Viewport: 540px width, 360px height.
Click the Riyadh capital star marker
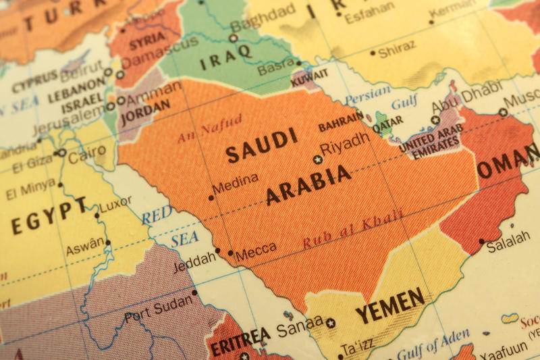click(x=317, y=159)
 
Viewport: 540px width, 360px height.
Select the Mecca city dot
click(x=231, y=253)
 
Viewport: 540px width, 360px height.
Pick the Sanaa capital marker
click(x=330, y=323)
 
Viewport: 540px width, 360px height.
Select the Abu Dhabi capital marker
click(x=435, y=120)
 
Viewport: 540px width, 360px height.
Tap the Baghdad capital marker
click(x=233, y=38)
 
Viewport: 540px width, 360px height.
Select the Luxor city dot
click(x=97, y=215)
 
